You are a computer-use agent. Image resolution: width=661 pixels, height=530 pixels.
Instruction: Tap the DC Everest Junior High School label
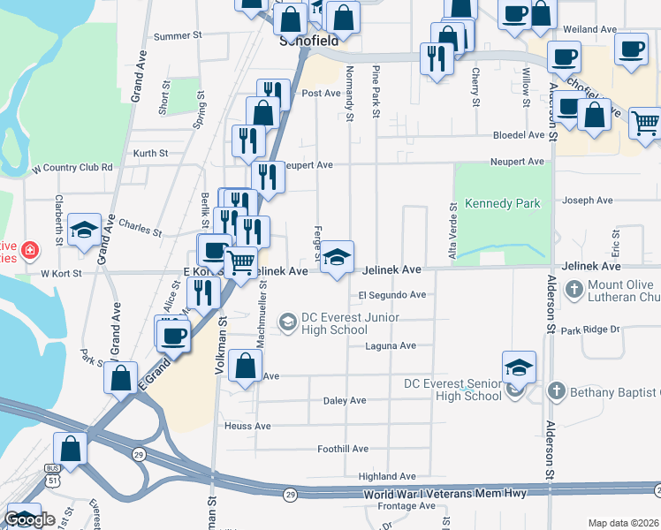(350, 323)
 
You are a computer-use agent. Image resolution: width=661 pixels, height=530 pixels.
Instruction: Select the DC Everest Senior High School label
(452, 390)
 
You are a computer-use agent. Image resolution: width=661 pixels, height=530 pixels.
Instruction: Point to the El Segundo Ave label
(391, 295)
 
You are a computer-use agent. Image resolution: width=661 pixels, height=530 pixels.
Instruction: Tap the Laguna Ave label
(391, 346)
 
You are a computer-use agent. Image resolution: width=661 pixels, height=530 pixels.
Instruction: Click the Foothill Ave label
(343, 449)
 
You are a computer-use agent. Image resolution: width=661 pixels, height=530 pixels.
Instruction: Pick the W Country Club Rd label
(72, 167)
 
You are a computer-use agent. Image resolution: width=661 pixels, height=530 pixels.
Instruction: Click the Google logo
(29, 519)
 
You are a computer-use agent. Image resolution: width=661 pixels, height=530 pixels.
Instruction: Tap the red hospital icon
(30, 251)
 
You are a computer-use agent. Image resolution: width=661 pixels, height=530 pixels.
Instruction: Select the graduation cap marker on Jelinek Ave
(336, 259)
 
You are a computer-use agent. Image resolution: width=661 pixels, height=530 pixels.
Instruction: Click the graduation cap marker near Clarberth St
(84, 231)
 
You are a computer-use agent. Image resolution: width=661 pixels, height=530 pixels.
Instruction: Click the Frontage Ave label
(407, 506)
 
